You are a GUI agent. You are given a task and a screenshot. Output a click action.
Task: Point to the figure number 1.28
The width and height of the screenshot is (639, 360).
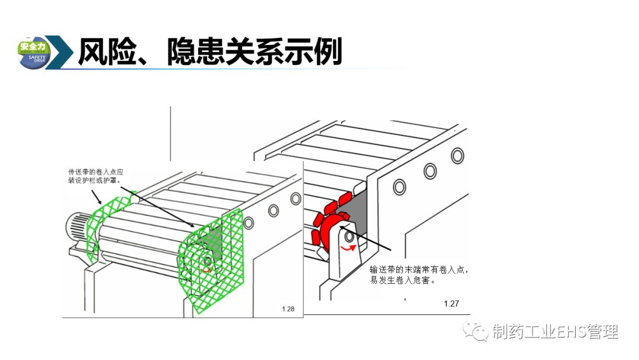(288, 308)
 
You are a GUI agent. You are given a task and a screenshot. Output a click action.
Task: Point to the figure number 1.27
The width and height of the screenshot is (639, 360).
(451, 304)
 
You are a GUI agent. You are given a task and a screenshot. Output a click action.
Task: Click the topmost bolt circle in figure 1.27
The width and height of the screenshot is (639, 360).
(457, 155)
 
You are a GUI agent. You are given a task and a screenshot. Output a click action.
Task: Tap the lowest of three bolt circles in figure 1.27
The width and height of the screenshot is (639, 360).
(400, 187)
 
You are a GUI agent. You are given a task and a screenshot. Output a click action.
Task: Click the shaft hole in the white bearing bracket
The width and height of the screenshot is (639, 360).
(350, 237)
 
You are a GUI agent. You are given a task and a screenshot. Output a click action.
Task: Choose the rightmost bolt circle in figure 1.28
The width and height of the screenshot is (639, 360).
(295, 200)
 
